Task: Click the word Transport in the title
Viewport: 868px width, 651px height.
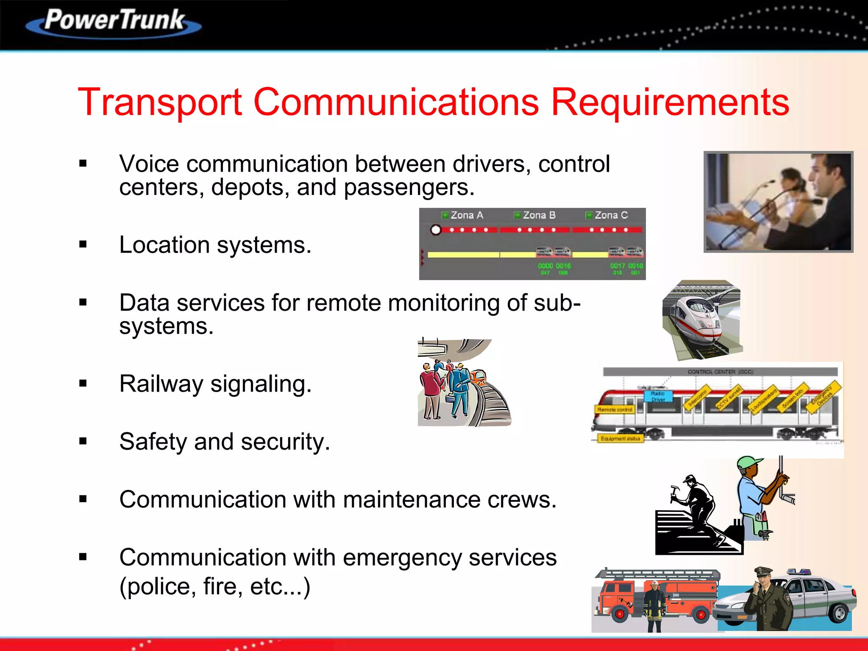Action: (x=160, y=103)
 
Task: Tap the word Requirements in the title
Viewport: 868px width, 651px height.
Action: (x=670, y=103)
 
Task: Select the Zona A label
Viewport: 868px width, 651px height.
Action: (x=466, y=215)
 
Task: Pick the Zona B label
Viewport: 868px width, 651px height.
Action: (x=539, y=215)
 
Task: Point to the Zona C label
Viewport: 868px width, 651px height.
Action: (x=611, y=215)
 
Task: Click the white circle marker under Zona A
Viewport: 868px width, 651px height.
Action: (x=436, y=230)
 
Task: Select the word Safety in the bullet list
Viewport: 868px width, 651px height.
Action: (x=153, y=442)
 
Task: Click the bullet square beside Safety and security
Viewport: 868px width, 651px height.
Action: (x=83, y=442)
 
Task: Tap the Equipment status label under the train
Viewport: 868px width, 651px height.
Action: (x=620, y=439)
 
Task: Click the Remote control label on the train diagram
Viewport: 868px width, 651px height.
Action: (x=615, y=409)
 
